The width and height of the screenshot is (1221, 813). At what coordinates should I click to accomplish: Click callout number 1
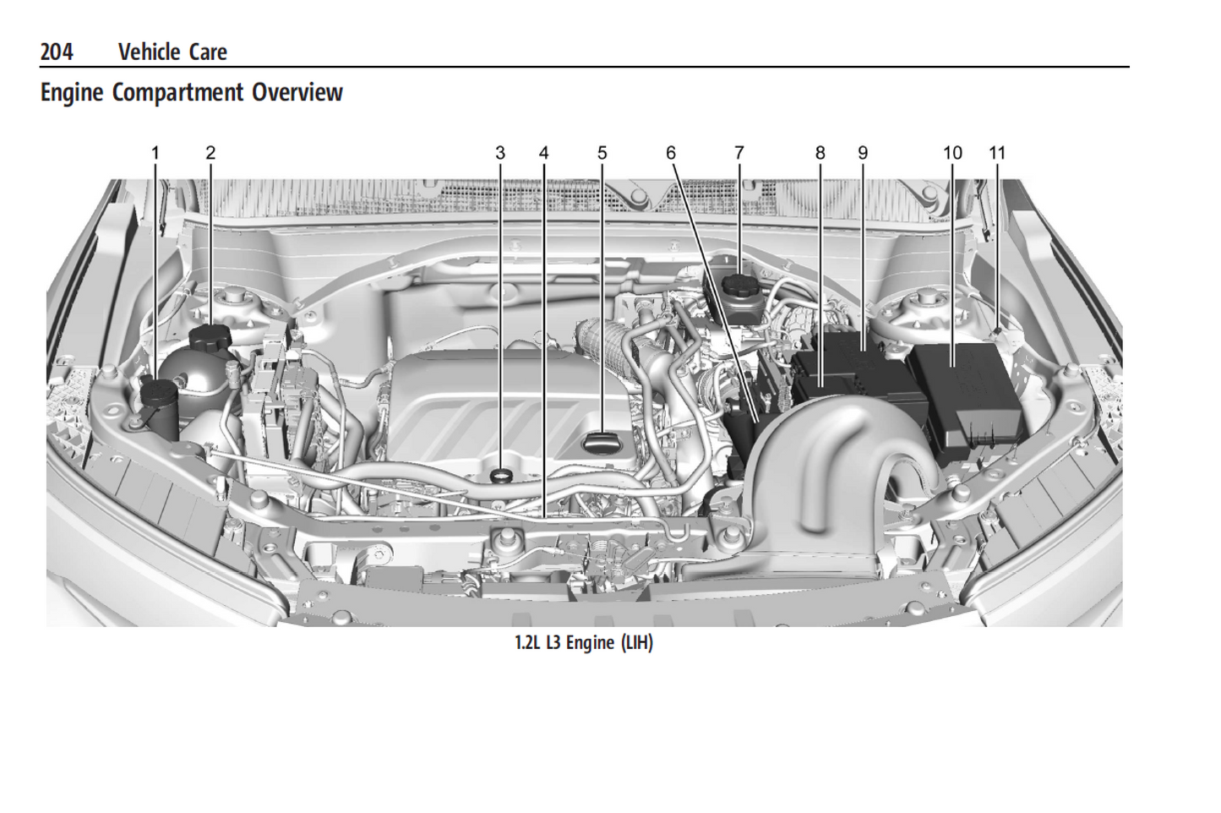point(155,153)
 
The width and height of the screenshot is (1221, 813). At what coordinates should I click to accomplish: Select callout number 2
point(210,153)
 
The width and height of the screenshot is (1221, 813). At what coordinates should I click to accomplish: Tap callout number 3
point(500,153)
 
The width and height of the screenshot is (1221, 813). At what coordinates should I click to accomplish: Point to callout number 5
point(602,153)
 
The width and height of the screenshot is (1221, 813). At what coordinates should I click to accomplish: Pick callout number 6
point(671,153)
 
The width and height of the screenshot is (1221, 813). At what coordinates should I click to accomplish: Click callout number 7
point(739,153)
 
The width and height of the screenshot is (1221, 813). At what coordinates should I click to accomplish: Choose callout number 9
point(863,153)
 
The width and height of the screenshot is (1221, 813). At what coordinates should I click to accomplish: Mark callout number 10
point(952,153)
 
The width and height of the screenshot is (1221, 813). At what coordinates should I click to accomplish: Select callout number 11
point(997,153)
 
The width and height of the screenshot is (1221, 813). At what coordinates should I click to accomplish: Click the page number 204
point(57,52)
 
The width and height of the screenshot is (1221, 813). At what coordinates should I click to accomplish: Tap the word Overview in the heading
point(297,92)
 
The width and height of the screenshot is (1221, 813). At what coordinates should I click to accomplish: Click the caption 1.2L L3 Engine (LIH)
point(583,643)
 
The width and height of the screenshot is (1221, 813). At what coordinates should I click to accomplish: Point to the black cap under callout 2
point(210,337)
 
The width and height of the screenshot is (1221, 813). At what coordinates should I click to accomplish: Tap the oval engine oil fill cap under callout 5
point(603,440)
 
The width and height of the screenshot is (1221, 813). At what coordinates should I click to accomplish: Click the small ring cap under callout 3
point(501,474)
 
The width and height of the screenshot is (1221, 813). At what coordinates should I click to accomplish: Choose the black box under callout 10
point(963,393)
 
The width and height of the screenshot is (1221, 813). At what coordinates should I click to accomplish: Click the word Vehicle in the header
point(148,52)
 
